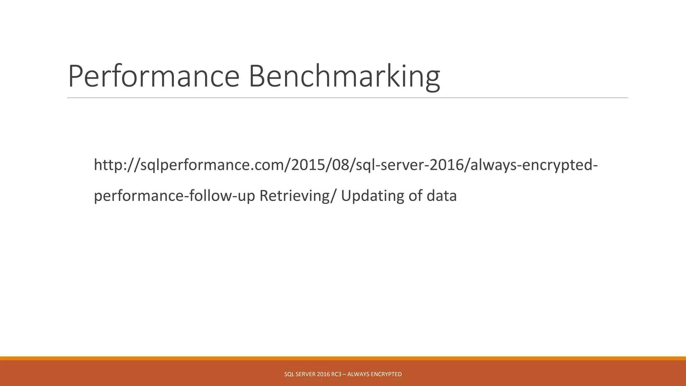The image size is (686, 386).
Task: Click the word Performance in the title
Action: (x=153, y=76)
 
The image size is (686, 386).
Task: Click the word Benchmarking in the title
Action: (x=344, y=76)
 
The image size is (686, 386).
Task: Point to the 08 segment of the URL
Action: (x=338, y=165)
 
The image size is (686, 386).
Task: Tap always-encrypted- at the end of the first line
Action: (x=534, y=165)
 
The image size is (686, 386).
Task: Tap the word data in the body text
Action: (x=441, y=196)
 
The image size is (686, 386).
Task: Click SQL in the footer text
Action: (x=289, y=374)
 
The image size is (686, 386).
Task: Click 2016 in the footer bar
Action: (x=323, y=374)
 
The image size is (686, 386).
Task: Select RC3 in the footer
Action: (x=336, y=374)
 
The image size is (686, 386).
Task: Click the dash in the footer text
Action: (x=344, y=374)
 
